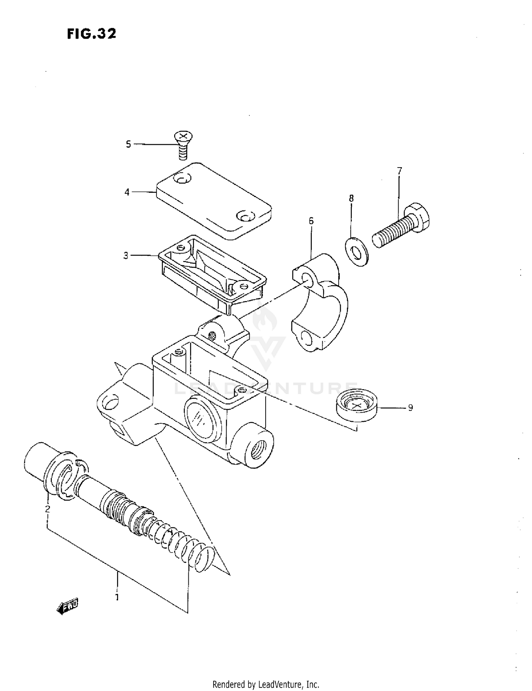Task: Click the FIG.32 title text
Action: click(92, 34)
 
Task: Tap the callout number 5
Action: click(128, 144)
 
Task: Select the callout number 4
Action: click(127, 192)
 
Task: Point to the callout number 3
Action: click(126, 256)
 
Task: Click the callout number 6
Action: click(311, 221)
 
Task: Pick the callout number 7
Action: click(399, 171)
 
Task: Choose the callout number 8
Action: click(351, 198)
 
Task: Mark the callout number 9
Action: click(410, 408)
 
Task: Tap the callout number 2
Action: click(48, 509)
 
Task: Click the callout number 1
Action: click(117, 597)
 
